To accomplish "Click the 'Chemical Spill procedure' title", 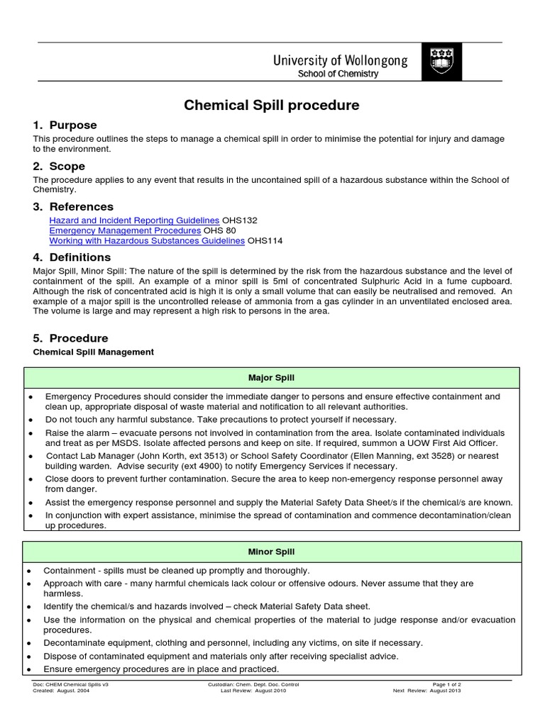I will point(272,106).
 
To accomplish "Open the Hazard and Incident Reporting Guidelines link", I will point(134,220).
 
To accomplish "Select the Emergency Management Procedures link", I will point(125,230).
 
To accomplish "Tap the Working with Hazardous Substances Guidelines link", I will point(147,240).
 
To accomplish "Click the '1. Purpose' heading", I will point(65,125).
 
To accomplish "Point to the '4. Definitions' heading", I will point(72,257).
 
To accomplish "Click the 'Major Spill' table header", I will point(272,378).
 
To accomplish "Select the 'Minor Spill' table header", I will point(272,552).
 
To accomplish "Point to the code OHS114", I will point(265,240).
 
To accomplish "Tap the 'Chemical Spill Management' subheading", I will point(94,352).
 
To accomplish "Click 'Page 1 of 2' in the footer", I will point(446,684).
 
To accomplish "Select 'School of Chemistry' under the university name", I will point(337,74).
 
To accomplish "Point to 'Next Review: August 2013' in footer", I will point(426,691).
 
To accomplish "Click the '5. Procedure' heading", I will point(70,338).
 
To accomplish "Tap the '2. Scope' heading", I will point(59,166).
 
